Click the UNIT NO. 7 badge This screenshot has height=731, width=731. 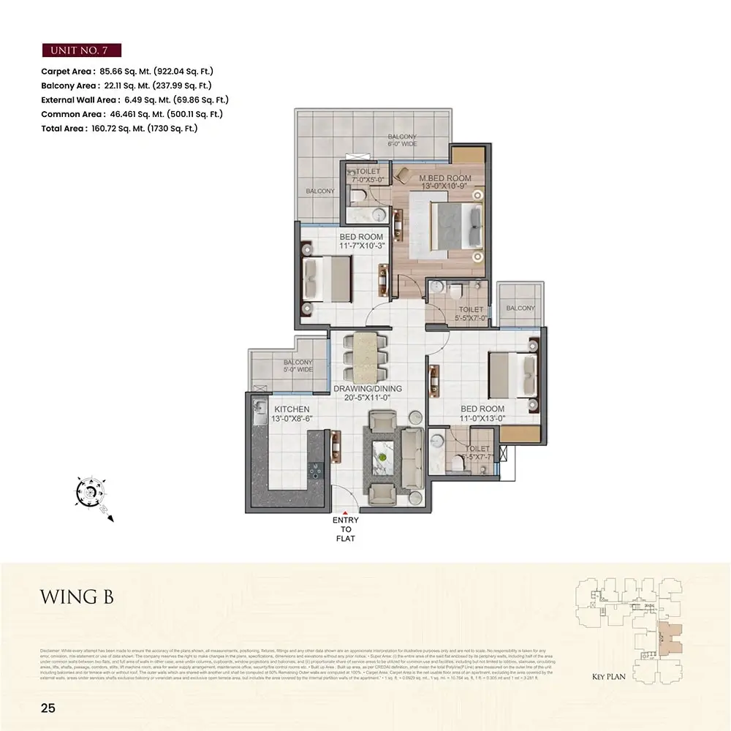click(81, 50)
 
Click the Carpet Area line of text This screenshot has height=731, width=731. click(127, 72)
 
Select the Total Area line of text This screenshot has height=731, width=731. click(119, 128)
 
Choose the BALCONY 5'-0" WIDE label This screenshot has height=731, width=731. click(298, 366)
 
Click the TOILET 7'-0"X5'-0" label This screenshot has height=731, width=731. click(368, 174)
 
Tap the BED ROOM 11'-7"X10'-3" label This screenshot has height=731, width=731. click(361, 241)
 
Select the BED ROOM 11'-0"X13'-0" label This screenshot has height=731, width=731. click(482, 414)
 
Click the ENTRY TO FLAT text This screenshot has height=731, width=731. click(346, 529)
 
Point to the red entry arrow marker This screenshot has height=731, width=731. click(346, 512)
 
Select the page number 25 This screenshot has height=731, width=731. click(48, 708)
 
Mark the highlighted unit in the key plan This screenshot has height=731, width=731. click(669, 637)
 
